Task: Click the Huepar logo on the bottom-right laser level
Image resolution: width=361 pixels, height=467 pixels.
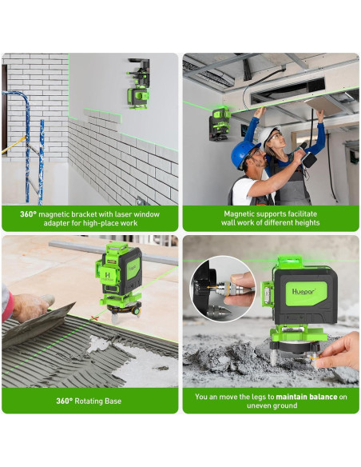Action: (303, 291)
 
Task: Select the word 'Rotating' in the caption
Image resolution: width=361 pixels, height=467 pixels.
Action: (89, 401)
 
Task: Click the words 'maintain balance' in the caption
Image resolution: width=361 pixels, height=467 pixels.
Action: (307, 397)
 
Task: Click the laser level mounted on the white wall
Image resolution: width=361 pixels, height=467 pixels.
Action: (139, 84)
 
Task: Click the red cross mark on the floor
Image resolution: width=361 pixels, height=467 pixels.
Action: (94, 318)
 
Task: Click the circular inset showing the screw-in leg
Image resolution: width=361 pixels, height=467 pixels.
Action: (222, 289)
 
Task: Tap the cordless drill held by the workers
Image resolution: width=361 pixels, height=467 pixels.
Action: (305, 156)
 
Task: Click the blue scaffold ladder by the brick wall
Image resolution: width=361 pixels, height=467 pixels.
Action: (28, 146)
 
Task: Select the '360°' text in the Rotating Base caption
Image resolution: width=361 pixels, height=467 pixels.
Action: (64, 401)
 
